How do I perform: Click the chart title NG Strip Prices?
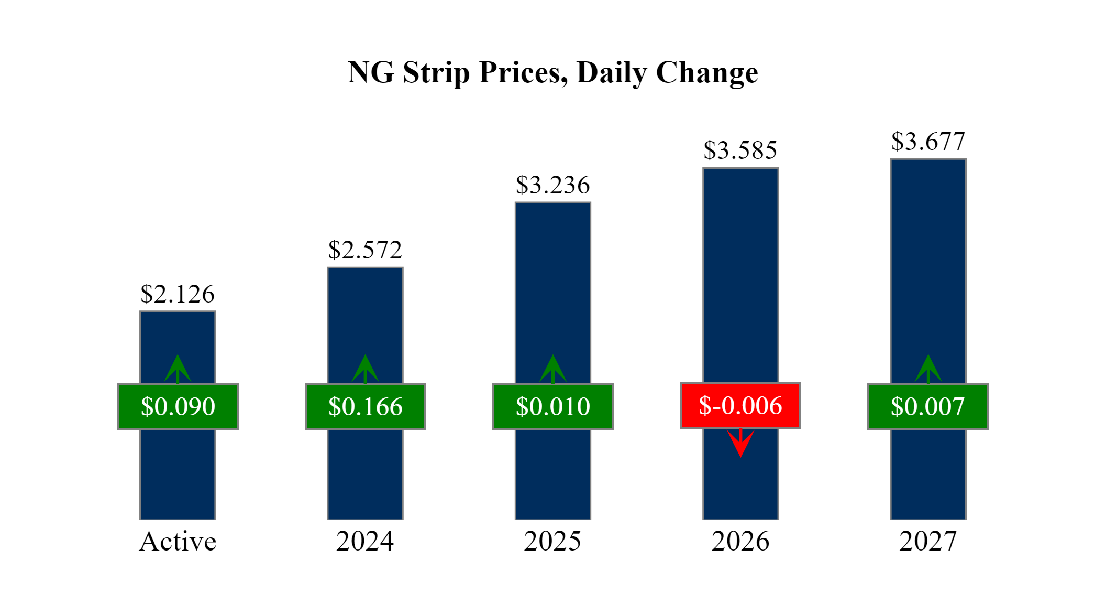pos(552,72)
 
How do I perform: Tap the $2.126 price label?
pos(178,294)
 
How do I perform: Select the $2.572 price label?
pos(365,250)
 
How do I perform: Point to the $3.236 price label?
pos(552,185)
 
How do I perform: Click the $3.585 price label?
pos(740,150)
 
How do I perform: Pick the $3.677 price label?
pos(928,142)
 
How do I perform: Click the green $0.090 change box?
pos(178,406)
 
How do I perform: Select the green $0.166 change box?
pos(366,406)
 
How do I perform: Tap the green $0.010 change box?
pos(553,406)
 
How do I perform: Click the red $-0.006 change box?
pos(740,405)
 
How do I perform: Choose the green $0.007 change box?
pos(928,406)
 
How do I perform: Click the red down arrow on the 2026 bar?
pos(740,443)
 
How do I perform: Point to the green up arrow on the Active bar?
pos(178,369)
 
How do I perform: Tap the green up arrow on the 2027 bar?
pos(928,369)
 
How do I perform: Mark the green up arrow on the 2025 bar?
pos(553,369)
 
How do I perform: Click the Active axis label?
pos(178,541)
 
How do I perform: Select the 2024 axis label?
pos(365,541)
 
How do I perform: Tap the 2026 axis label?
pos(740,541)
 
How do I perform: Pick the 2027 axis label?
pos(928,541)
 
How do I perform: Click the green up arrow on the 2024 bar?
pos(366,369)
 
